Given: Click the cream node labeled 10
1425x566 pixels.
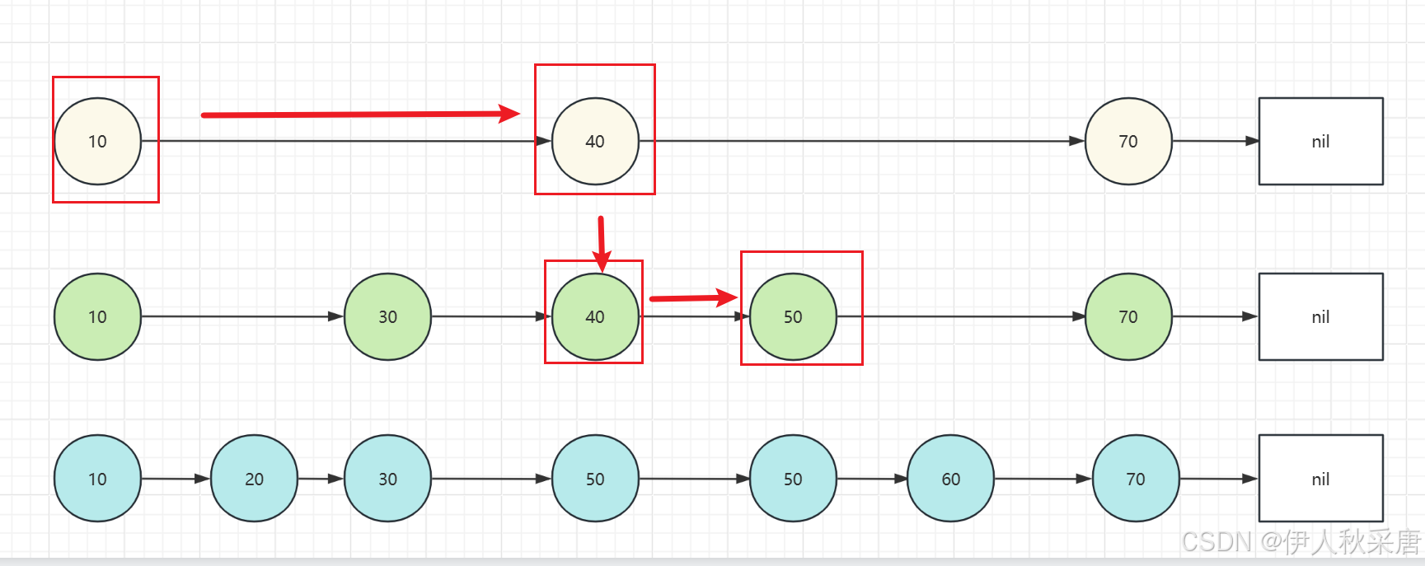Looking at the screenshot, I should (x=97, y=141).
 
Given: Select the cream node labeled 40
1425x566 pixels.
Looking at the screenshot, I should (x=595, y=141).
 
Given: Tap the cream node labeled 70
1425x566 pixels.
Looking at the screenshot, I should (x=1128, y=141).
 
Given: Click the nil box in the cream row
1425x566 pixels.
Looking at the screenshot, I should (x=1320, y=141).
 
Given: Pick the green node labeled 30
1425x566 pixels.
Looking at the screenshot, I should (x=387, y=316).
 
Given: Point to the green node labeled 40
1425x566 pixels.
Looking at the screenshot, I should (x=595, y=316).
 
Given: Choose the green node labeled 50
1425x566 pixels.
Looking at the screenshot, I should (x=793, y=316).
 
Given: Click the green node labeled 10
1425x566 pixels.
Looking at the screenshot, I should (x=97, y=316).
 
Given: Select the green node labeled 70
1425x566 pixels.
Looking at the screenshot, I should (x=1128, y=316).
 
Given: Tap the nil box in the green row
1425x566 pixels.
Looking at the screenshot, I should (x=1320, y=316).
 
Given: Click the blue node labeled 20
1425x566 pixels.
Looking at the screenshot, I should (x=254, y=479).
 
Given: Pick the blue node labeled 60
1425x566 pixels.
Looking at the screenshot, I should (x=950, y=479).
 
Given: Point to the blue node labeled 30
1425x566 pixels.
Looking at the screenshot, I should (x=387, y=479).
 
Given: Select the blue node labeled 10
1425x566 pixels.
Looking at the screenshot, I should (x=97, y=479).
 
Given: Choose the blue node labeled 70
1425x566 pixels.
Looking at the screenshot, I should (x=1135, y=479).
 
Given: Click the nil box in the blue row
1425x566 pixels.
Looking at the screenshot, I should (x=1320, y=479).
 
